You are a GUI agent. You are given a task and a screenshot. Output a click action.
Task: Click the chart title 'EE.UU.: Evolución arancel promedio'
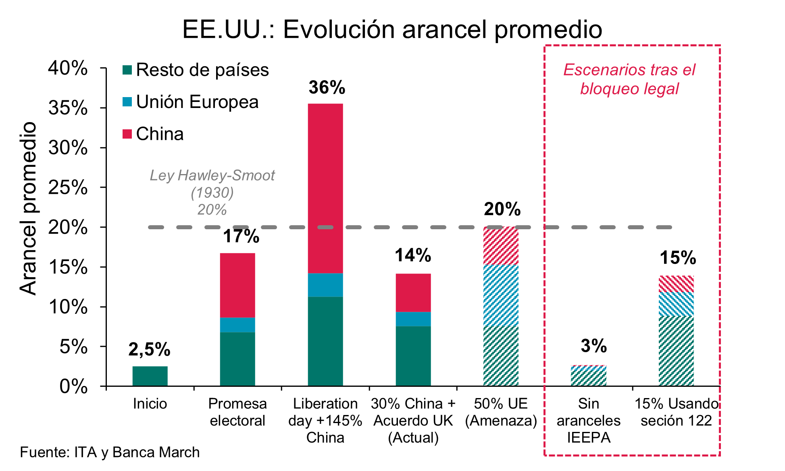tap(392, 29)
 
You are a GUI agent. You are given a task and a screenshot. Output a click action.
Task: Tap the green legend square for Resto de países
tap(127, 70)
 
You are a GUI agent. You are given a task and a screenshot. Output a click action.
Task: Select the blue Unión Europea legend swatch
tap(127, 102)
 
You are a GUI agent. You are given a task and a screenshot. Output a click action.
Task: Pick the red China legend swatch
tap(127, 134)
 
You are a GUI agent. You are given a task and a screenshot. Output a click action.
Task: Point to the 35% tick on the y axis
tap(68, 108)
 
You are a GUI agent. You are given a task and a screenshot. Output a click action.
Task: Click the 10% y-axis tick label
tap(68, 307)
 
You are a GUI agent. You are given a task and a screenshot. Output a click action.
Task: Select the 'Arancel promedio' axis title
tap(28, 208)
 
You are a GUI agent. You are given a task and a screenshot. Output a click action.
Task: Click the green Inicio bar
tap(150, 376)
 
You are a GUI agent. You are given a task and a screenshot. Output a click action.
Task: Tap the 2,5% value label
tap(149, 349)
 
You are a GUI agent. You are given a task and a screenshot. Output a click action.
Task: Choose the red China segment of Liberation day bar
tap(325, 188)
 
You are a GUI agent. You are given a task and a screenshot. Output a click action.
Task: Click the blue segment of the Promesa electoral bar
tap(237, 325)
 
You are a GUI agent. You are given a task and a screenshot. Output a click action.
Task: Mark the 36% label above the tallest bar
tap(327, 87)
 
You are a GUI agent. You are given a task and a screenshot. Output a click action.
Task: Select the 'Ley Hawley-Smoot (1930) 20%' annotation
tap(212, 193)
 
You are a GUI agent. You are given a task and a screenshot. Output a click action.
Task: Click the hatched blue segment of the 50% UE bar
tap(501, 295)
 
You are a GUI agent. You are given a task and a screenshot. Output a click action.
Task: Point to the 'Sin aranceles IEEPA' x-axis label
tap(588, 421)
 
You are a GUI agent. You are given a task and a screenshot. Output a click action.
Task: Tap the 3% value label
tap(593, 346)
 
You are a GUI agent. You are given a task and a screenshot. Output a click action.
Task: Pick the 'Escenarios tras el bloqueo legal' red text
tap(629, 79)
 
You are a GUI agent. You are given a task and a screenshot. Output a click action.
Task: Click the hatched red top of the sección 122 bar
tap(676, 284)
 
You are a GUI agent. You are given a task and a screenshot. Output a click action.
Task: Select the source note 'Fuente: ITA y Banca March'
tap(110, 452)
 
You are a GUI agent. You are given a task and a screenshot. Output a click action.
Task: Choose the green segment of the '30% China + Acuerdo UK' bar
tap(413, 356)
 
